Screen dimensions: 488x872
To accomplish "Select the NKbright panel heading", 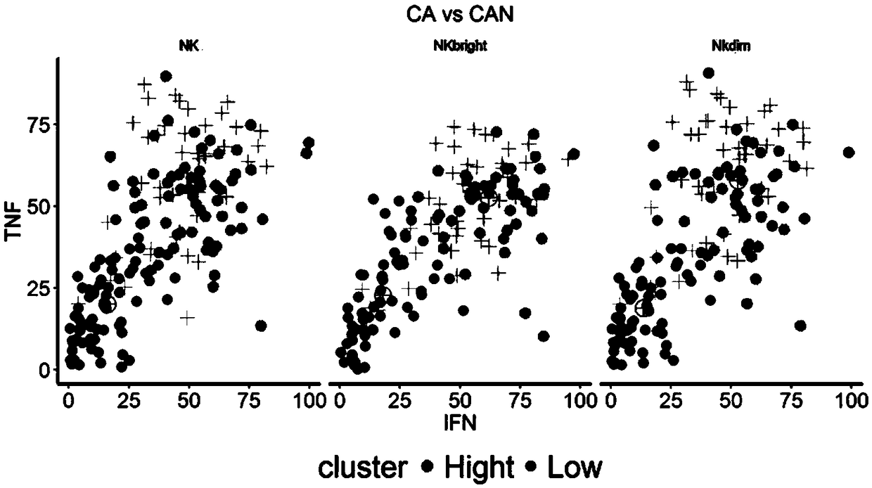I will pos(459,46).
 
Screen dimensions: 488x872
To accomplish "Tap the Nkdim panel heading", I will pos(728,46).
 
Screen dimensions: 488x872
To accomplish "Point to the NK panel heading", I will pos(189,46).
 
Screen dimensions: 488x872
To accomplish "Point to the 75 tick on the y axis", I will pos(39,124).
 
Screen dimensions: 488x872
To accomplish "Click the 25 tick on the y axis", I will pos(39,288).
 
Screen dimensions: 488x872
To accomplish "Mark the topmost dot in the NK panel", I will pos(166,76).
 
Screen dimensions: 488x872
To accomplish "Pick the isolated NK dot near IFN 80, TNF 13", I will pos(261,326).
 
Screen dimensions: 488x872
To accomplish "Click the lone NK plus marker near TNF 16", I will pos(186,318).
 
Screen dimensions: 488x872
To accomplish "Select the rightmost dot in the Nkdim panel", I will pos(848,153).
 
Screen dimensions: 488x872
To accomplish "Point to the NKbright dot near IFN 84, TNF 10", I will pos(543,336).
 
